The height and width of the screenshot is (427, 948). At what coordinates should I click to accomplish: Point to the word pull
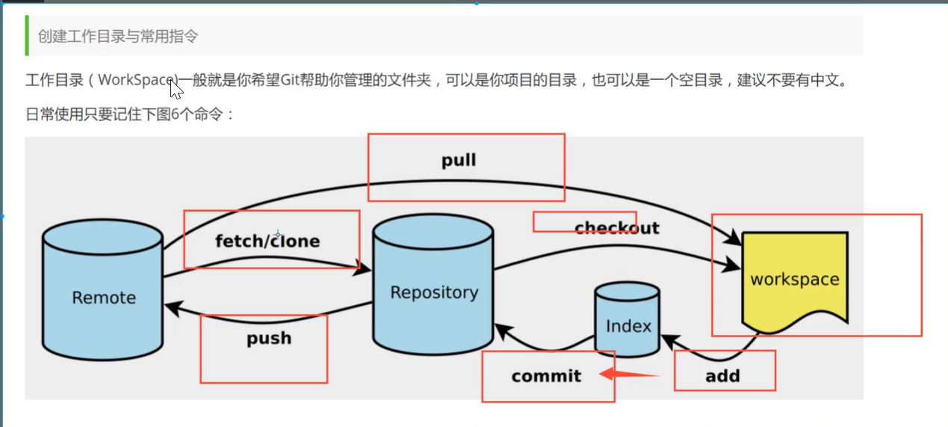coord(459,160)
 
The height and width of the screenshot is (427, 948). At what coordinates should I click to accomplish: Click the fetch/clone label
coord(267,241)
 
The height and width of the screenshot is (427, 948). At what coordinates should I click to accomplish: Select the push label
coord(269,339)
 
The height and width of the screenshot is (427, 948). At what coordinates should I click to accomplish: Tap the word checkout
coord(616,227)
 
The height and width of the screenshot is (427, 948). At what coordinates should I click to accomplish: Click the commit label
coord(546,375)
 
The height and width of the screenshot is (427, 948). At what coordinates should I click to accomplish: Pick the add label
coord(722,375)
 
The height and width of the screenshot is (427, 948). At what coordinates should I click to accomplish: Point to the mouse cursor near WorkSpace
coord(175,89)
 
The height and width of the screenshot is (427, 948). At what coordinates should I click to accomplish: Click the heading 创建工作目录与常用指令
coord(118,36)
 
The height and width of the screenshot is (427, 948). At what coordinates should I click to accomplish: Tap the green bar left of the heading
coord(27,36)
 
